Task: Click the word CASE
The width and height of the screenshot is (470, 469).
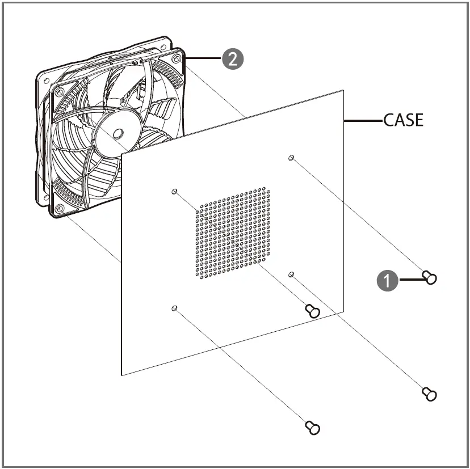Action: pos(403,120)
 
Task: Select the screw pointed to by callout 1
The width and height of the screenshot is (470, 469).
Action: pos(430,277)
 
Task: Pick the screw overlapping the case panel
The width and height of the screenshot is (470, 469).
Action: pos(312,310)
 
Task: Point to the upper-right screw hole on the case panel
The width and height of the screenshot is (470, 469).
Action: pos(291,158)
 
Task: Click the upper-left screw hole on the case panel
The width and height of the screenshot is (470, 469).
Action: pos(174,192)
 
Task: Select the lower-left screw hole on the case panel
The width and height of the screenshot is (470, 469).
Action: pos(174,308)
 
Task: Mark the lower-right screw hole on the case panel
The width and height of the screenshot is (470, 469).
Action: pos(291,274)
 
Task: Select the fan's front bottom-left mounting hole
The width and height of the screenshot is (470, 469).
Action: pos(60,209)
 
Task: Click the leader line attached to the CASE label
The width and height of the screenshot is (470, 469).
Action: pos(363,120)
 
